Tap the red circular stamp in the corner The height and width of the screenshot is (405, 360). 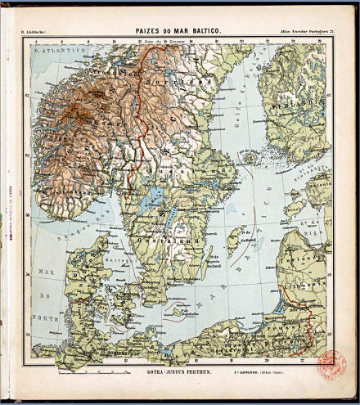[x=331, y=361]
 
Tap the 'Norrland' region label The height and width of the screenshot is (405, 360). [x=177, y=82]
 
